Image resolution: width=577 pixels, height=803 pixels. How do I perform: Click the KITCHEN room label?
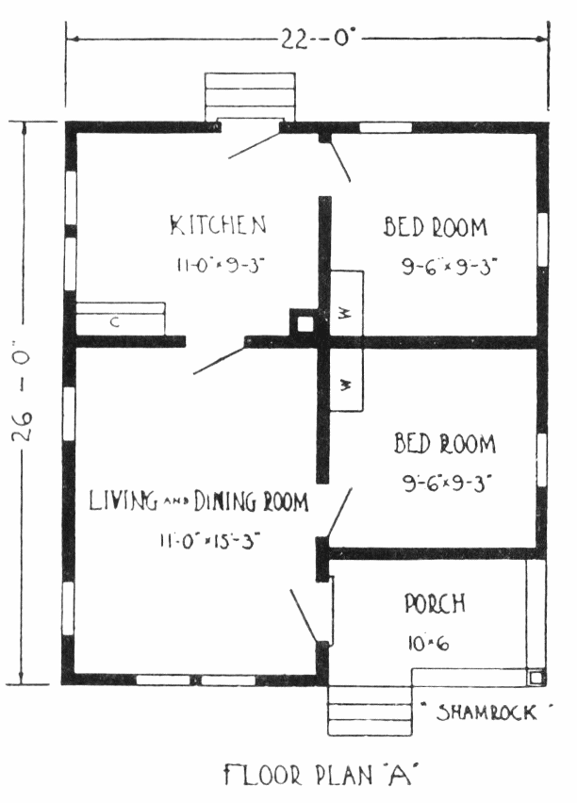coord(219,225)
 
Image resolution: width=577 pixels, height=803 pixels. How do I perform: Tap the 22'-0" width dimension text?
coord(317,39)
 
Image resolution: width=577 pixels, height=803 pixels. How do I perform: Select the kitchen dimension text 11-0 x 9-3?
coord(221,265)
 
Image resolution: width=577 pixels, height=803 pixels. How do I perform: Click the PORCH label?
coord(435,603)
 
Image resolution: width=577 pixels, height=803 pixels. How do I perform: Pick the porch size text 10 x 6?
coord(428,643)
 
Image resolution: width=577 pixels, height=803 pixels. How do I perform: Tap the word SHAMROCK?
coord(486,713)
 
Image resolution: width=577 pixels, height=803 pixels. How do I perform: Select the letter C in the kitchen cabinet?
coord(115,322)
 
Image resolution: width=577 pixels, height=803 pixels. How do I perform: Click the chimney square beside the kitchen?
coord(305,323)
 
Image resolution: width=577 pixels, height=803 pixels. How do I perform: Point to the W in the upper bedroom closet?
coord(344,313)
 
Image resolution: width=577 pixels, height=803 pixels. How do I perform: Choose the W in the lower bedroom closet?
coord(345,385)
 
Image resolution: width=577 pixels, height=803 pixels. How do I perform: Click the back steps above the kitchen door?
coord(250,96)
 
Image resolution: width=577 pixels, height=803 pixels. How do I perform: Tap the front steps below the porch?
coord(370,712)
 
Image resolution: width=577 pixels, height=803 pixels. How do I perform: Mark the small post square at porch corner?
coord(536,678)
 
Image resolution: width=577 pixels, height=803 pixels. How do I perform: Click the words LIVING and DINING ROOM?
coord(199,501)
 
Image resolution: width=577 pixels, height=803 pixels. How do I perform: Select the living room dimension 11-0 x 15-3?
coord(209,541)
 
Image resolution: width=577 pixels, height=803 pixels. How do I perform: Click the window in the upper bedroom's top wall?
coord(386,127)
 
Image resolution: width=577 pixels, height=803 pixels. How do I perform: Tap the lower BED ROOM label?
coord(445,444)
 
